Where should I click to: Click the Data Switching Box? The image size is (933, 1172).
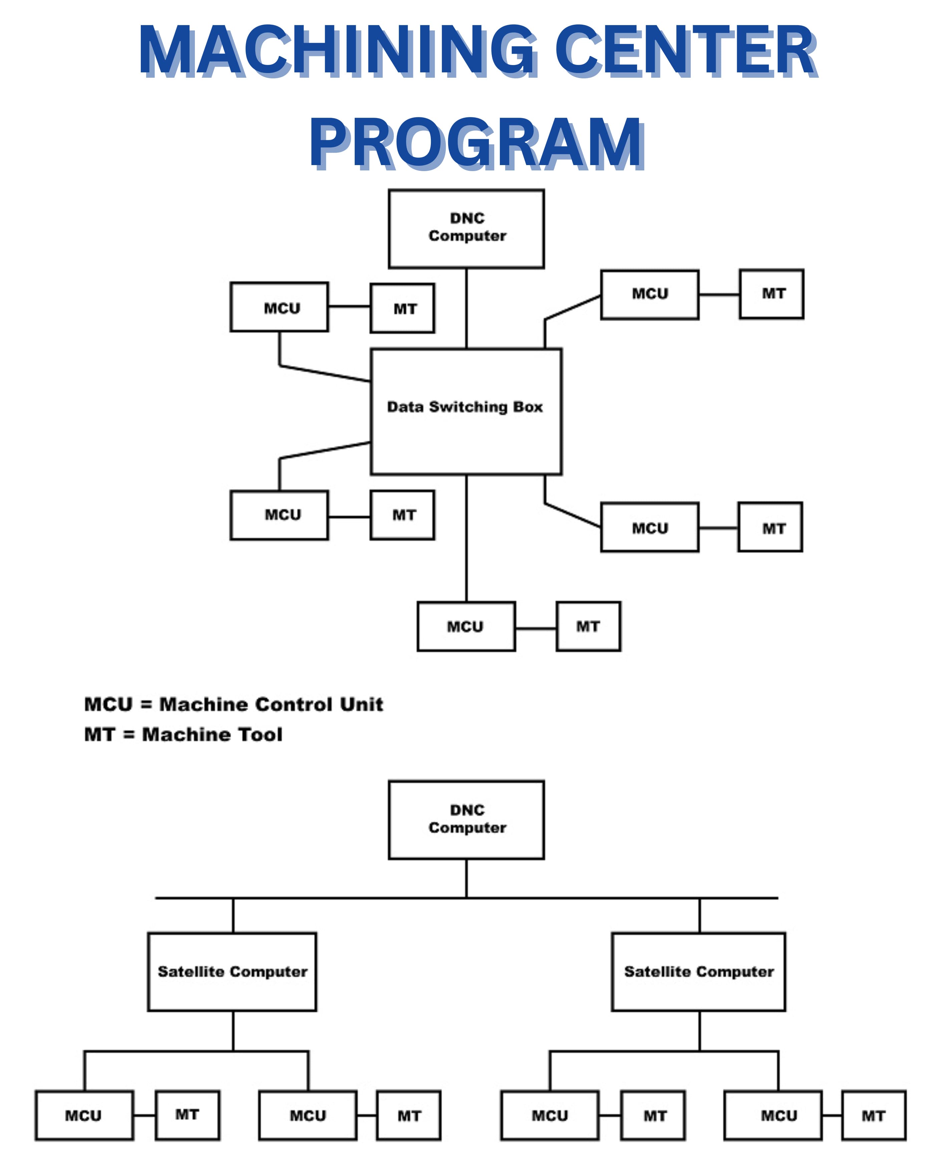click(x=466, y=412)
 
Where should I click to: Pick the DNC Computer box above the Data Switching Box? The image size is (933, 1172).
click(x=466, y=228)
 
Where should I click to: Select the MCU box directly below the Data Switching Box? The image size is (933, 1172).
click(x=466, y=626)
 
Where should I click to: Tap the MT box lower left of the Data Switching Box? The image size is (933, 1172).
click(x=402, y=515)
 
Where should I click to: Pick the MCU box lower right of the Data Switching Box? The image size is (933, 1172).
click(x=650, y=527)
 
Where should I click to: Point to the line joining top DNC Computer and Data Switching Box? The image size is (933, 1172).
click(x=466, y=308)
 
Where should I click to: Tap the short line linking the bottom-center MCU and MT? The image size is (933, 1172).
click(x=535, y=628)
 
